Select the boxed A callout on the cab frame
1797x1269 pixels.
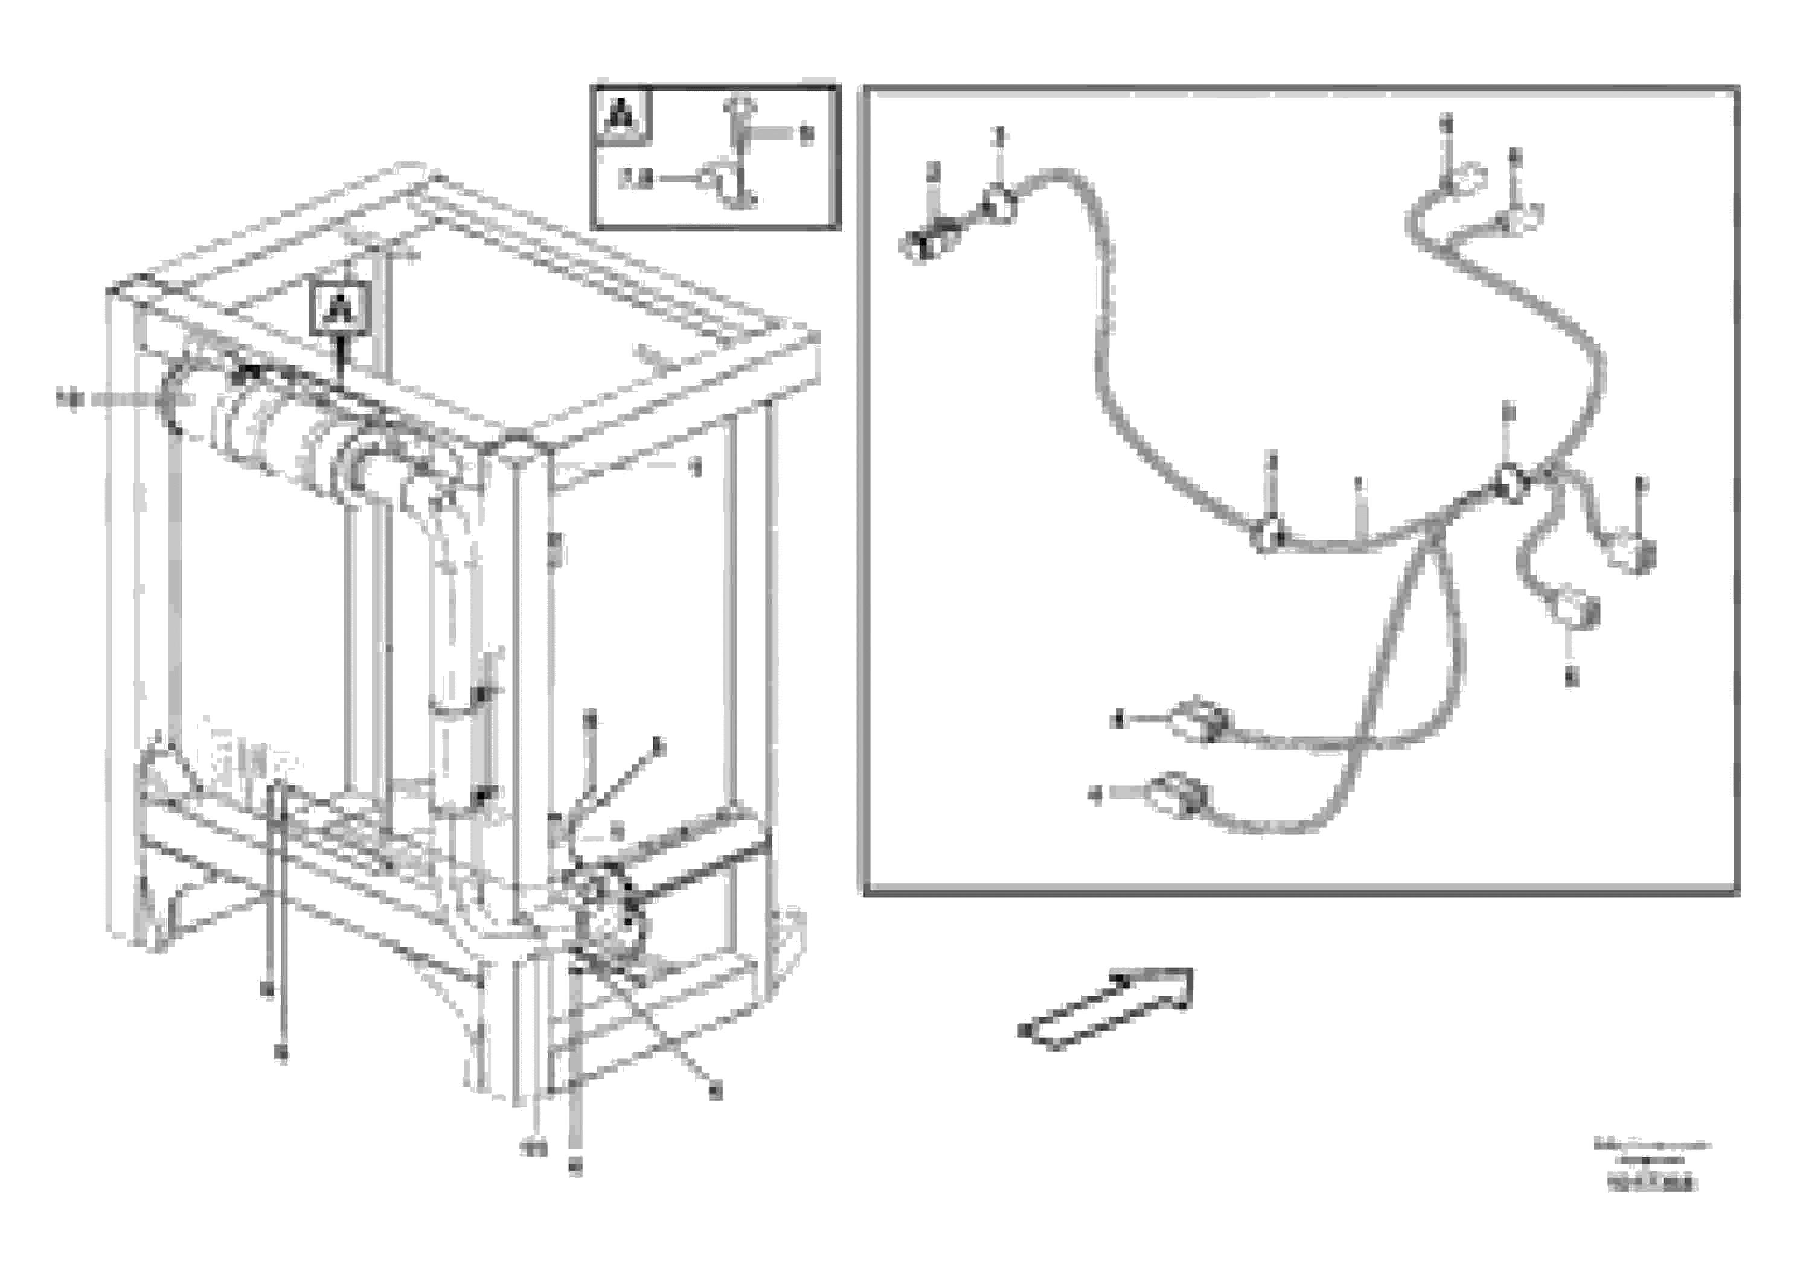(x=341, y=307)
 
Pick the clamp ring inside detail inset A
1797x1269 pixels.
(x=713, y=178)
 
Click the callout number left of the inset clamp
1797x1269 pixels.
(x=635, y=179)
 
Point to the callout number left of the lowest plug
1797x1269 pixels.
(x=1096, y=795)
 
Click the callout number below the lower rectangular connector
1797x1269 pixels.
(x=1572, y=677)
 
